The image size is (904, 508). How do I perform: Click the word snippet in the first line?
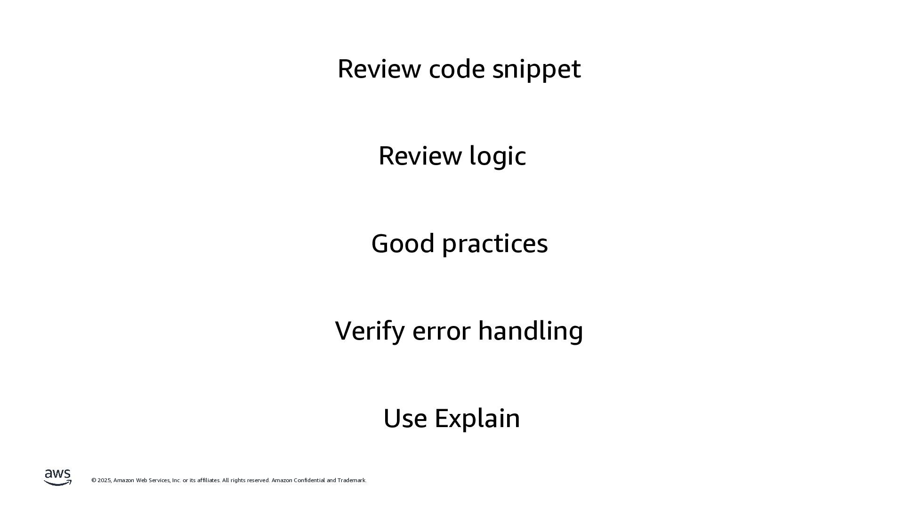[536, 69]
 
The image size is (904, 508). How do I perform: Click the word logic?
[498, 157]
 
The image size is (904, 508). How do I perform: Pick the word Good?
[403, 244]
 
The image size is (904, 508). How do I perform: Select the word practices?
[495, 244]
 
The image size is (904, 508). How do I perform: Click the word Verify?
[370, 331]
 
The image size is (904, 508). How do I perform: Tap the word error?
[441, 331]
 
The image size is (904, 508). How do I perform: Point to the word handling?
[531, 331]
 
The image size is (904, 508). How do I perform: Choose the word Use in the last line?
[405, 418]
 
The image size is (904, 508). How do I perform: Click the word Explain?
[477, 418]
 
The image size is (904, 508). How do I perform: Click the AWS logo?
[58, 477]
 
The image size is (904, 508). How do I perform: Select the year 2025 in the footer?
[105, 480]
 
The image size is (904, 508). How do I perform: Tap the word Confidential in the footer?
[309, 480]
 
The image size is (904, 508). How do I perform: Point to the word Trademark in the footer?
[352, 480]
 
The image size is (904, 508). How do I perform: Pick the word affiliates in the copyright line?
[209, 480]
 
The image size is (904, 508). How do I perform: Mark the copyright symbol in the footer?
[94, 480]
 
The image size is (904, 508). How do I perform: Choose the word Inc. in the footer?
[177, 480]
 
